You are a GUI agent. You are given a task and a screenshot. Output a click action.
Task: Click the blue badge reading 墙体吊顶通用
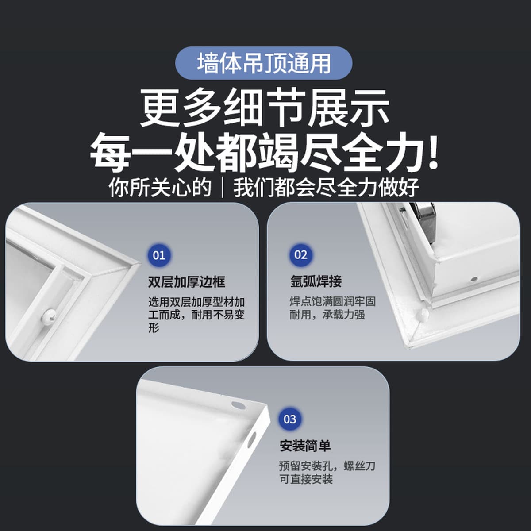tap(264, 63)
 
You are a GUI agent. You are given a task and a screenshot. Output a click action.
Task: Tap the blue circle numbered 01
tap(159, 255)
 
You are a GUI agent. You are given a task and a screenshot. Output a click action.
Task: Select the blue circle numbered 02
tap(300, 255)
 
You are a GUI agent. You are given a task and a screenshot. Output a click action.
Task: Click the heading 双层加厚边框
tap(187, 281)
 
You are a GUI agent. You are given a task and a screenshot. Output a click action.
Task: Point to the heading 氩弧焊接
tap(316, 281)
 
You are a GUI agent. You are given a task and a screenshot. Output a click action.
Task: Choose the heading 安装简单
tap(305, 446)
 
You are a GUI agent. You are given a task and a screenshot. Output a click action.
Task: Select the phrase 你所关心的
tap(160, 188)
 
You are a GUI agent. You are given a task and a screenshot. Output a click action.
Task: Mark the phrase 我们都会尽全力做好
tap(327, 188)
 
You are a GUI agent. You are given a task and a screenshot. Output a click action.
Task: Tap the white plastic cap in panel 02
tap(423, 314)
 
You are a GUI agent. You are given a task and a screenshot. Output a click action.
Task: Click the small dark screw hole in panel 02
tap(473, 279)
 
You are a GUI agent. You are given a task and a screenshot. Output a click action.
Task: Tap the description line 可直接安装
tap(306, 479)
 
